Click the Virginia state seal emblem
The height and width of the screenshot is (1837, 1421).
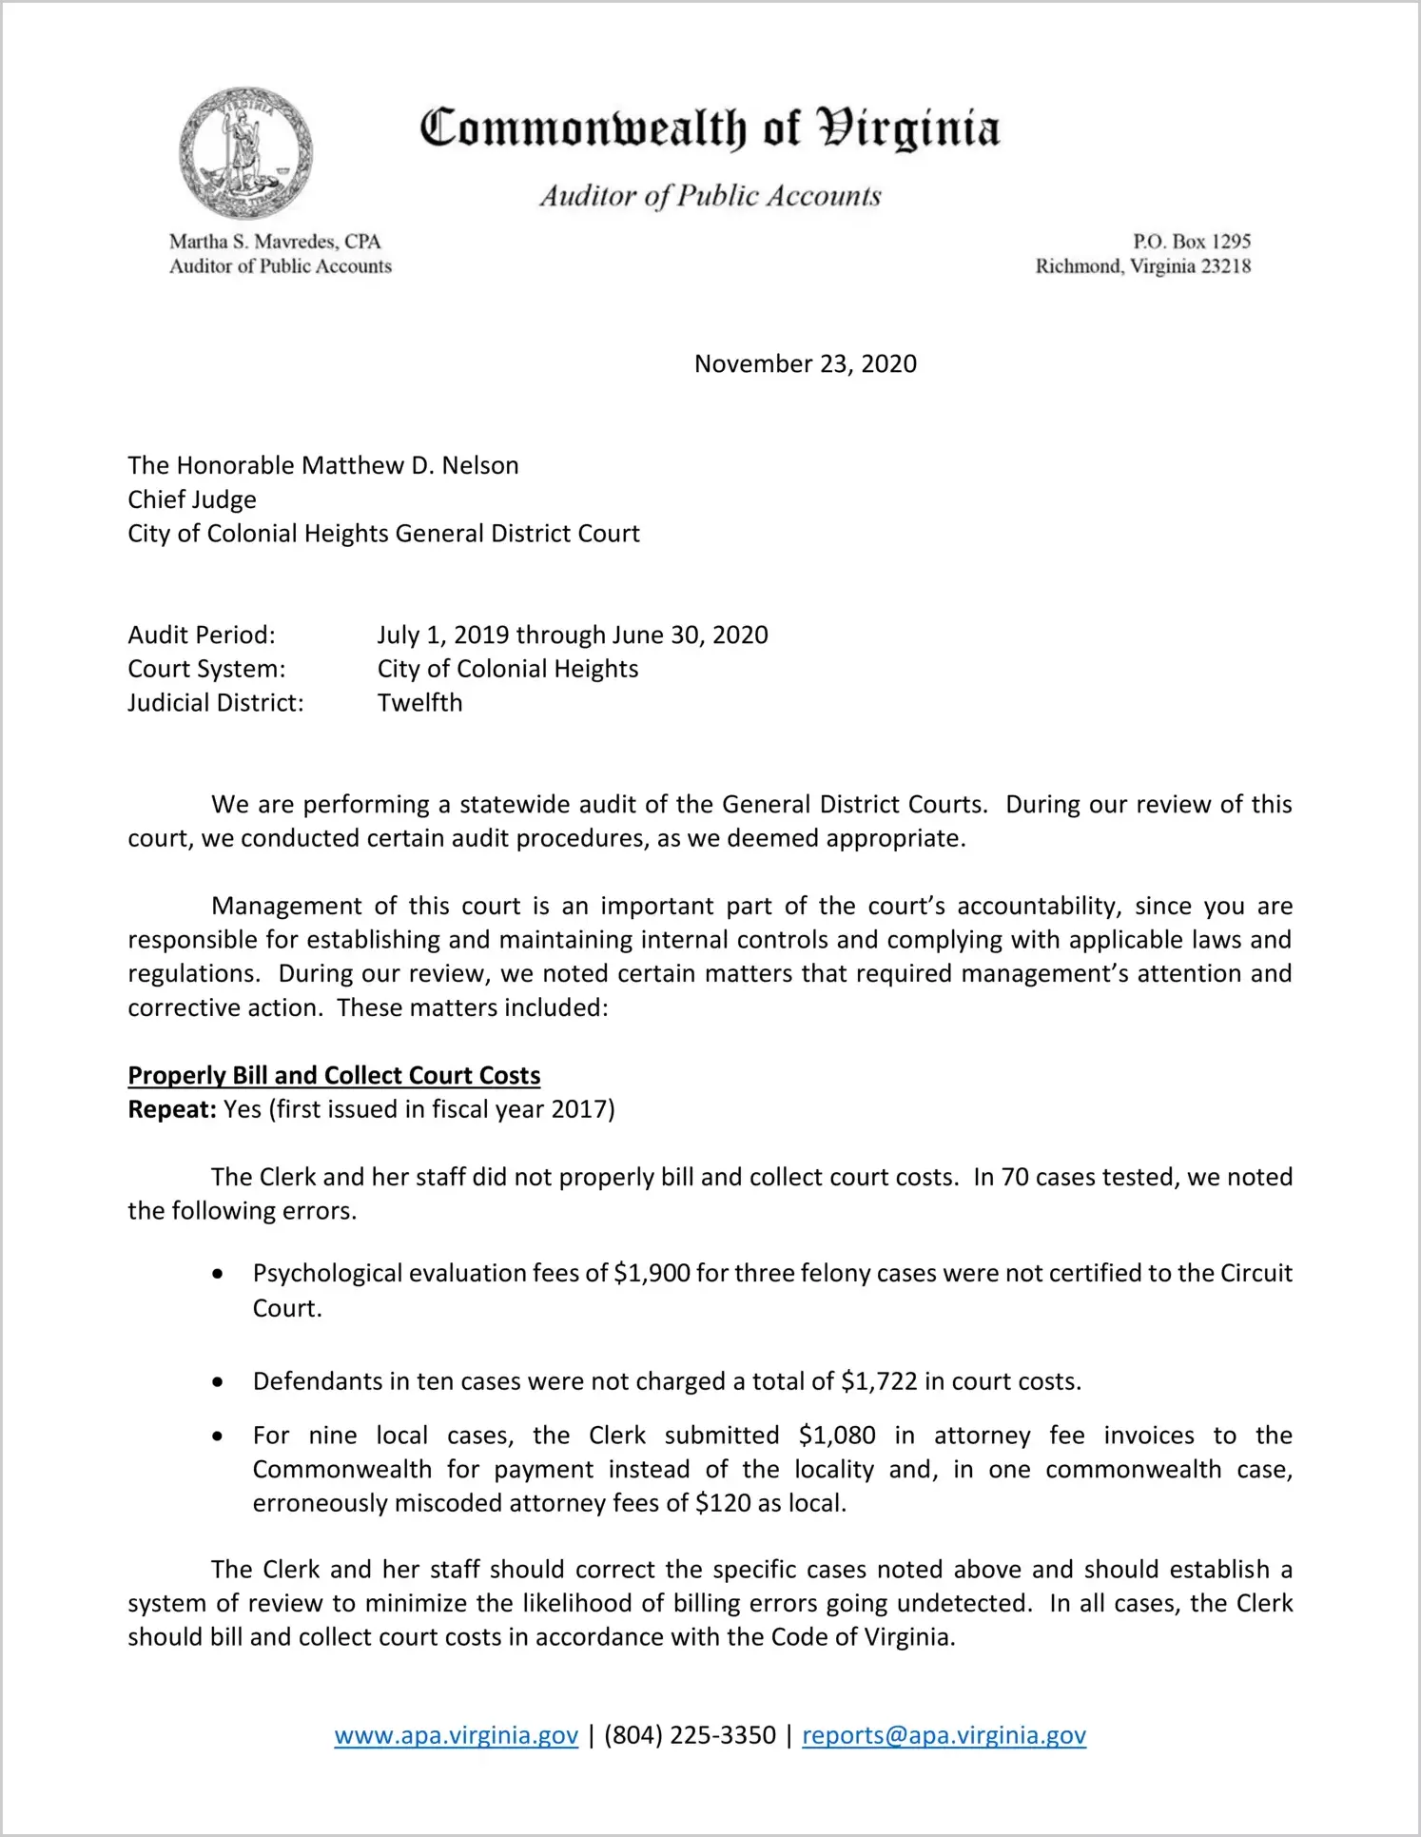[x=245, y=153]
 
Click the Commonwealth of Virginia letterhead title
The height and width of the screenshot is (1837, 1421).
[x=710, y=128]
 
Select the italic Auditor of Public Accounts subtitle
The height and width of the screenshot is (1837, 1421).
[x=710, y=196]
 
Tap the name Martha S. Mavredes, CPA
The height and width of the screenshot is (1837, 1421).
[x=275, y=242]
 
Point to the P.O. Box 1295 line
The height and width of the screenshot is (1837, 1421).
[x=1191, y=242]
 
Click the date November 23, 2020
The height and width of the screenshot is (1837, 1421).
[x=805, y=363]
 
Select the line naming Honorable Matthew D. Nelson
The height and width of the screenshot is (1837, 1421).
[x=323, y=465]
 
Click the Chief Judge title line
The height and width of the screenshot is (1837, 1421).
[x=192, y=499]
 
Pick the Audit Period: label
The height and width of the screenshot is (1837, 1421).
[x=202, y=635]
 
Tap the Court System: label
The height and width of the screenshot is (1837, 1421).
[x=206, y=669]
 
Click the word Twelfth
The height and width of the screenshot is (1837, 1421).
[x=419, y=703]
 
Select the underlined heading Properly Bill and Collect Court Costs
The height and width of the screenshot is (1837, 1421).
[x=334, y=1075]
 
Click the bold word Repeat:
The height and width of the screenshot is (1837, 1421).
[x=172, y=1109]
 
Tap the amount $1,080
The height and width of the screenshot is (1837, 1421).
[x=837, y=1436]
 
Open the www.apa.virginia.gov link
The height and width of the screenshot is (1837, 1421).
[x=456, y=1735]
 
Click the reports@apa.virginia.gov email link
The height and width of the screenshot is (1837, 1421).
[x=944, y=1735]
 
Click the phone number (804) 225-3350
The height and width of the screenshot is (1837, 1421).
[x=690, y=1735]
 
